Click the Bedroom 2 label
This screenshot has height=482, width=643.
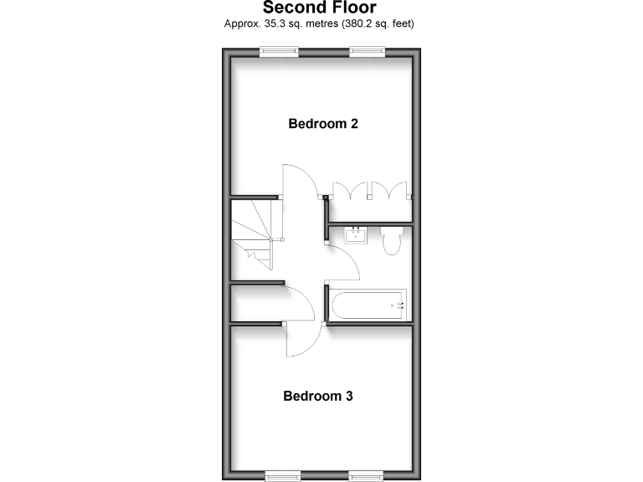point(323,124)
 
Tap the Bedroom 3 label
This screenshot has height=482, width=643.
point(317,396)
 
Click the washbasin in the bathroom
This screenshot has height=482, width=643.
point(355,233)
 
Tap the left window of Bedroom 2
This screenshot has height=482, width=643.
point(278,51)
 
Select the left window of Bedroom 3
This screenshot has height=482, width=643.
point(283,476)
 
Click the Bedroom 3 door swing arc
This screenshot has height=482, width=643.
point(303,341)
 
